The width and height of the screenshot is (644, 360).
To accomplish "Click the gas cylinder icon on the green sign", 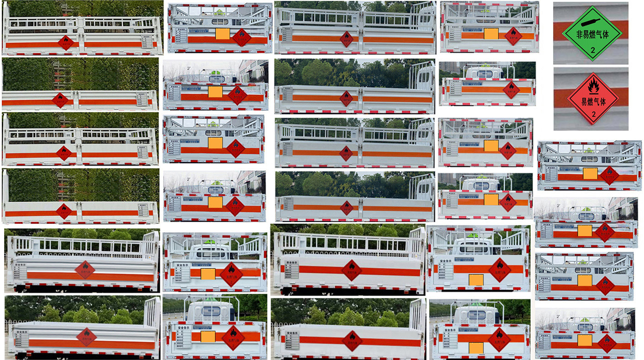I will [592, 21].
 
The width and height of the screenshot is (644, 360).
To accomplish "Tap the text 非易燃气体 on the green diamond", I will [592, 34].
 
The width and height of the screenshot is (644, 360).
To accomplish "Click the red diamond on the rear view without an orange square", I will [511, 90].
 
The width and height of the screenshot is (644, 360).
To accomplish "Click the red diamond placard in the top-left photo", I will [66, 43].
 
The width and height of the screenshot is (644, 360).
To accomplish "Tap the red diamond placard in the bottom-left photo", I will [86, 337].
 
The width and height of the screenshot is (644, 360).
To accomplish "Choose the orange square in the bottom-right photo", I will [584, 340].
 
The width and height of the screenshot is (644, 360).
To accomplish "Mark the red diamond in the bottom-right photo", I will [607, 343].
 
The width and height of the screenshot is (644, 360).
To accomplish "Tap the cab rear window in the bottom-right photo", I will [585, 327].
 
